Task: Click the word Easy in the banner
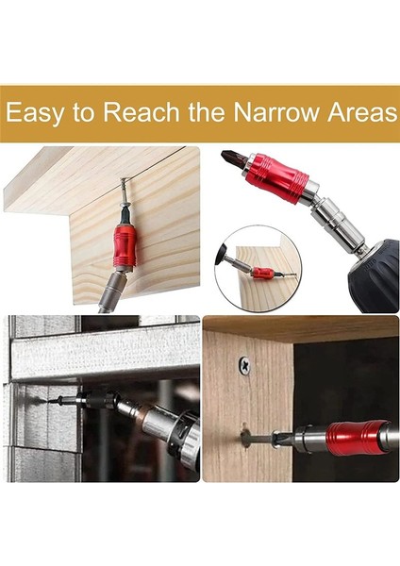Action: click(x=38, y=113)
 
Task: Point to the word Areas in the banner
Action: click(x=363, y=113)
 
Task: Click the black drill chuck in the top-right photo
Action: click(x=373, y=274)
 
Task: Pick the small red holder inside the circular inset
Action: click(x=264, y=273)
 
